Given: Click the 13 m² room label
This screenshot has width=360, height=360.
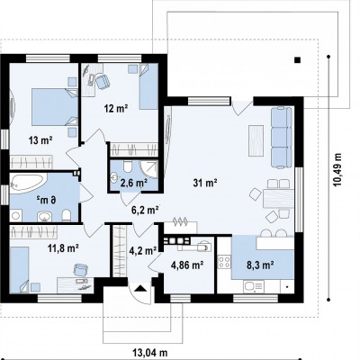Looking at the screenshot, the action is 40,139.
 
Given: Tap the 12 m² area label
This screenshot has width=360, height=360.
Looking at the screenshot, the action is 116,108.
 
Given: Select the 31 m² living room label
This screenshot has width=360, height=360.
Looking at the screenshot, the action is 205,183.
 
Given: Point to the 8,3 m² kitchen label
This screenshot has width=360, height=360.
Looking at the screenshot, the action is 260,265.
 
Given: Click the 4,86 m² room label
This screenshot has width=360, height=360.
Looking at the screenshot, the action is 187,265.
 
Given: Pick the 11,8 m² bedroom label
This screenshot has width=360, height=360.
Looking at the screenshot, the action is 63,248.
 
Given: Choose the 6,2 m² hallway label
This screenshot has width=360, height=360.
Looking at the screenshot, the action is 145,210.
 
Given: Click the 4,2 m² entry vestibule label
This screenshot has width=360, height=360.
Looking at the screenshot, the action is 143,250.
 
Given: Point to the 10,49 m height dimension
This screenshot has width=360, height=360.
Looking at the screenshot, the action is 338,170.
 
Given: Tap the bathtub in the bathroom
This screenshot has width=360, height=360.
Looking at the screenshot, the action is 28,182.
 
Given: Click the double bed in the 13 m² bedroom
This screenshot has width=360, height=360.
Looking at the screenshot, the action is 54,106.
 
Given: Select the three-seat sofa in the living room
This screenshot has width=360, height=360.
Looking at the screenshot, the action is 282,137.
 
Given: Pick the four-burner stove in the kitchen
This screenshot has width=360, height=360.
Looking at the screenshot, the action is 224,261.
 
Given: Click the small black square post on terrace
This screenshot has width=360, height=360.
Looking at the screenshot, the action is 297,60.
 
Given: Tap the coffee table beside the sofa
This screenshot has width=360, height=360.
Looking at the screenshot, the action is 256,140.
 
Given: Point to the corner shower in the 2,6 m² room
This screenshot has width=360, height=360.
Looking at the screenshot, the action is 149,169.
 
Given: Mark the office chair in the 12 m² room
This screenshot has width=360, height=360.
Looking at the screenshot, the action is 103,82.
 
